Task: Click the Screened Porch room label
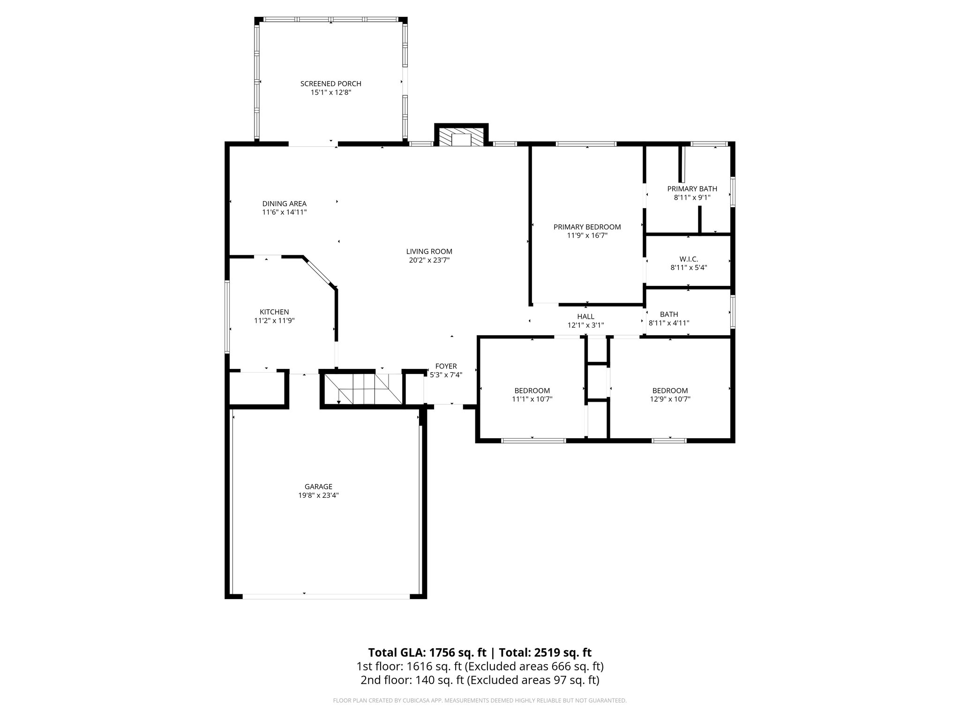(330, 83)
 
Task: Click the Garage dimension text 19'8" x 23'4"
(318, 495)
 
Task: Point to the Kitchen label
(274, 312)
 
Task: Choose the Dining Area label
(284, 203)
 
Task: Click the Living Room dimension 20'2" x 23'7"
(429, 260)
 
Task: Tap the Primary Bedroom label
(587, 227)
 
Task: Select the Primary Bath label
(692, 189)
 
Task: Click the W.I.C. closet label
(689, 259)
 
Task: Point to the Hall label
(585, 316)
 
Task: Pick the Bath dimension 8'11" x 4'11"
(668, 323)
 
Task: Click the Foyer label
(446, 366)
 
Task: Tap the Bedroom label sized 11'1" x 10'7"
(532, 390)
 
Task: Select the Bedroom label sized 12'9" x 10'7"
(670, 390)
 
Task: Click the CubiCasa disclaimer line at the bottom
(480, 701)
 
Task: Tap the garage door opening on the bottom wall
(326, 596)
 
